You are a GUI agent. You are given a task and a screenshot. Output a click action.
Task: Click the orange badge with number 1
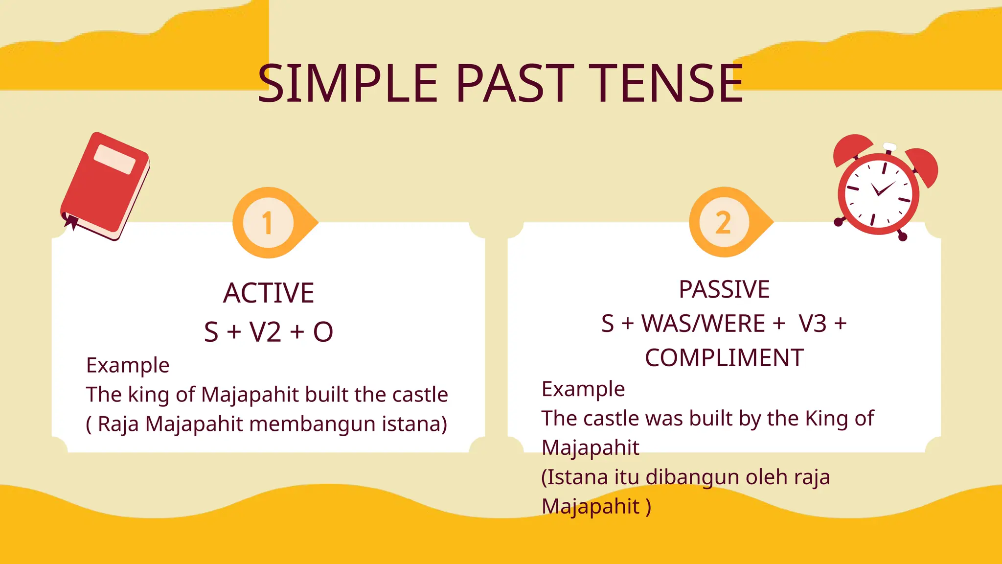click(x=268, y=223)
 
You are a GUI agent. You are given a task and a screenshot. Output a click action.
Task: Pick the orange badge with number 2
click(x=724, y=223)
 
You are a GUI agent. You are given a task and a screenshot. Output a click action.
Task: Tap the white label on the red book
click(x=114, y=159)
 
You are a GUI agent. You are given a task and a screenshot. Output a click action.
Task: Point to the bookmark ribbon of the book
click(x=71, y=221)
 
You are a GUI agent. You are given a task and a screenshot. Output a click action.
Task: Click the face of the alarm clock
click(x=879, y=193)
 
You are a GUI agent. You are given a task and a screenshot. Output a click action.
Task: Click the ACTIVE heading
click(x=268, y=293)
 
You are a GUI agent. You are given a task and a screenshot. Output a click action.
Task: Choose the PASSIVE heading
click(x=724, y=289)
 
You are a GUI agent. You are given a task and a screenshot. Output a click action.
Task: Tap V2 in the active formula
click(x=265, y=332)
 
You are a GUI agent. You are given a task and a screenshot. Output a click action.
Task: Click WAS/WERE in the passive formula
click(x=703, y=324)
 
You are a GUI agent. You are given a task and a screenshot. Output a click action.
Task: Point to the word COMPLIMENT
click(x=724, y=358)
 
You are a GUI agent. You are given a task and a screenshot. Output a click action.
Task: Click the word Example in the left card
click(x=128, y=365)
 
